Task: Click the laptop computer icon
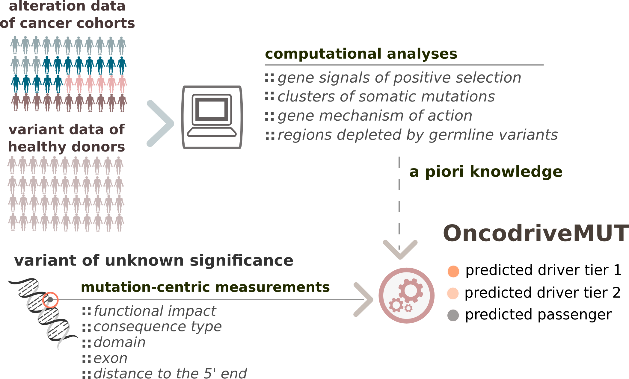coord(212,117)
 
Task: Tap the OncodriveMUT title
coord(536,233)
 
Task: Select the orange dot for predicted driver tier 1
coord(453,271)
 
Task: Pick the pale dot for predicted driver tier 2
coord(453,293)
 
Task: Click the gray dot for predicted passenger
coord(453,315)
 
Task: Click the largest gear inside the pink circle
coord(411,290)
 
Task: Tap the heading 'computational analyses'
coord(361,54)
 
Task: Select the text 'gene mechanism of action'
coord(375,116)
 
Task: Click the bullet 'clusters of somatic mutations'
coord(386,96)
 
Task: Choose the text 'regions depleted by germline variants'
coord(418,135)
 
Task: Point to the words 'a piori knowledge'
coord(486,172)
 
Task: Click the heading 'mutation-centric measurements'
coord(205,287)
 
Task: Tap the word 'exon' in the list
coord(111,358)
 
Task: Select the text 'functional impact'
coord(155,311)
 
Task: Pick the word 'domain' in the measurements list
coord(120,342)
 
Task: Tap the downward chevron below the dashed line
coord(400,250)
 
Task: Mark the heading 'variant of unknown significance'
coord(154,260)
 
